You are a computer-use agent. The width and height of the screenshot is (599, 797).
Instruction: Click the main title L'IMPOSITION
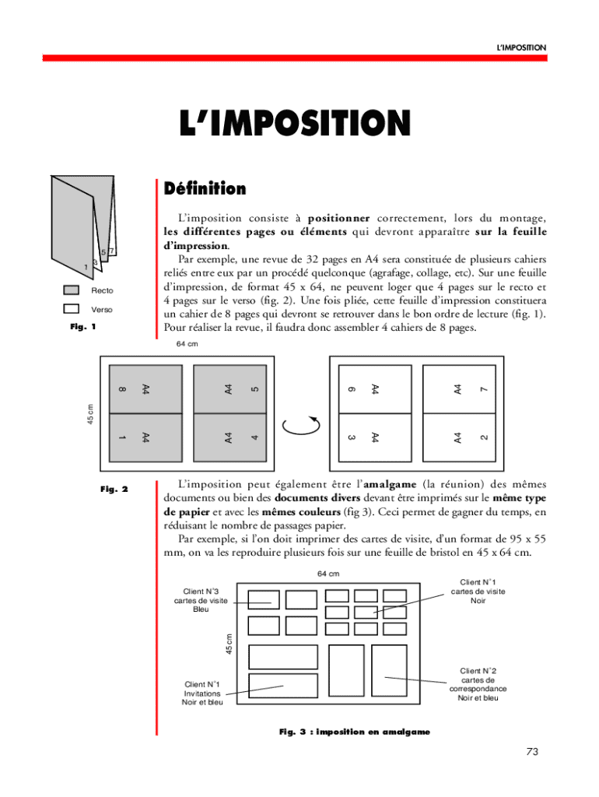point(295,124)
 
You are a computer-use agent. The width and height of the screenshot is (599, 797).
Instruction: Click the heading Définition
point(205,189)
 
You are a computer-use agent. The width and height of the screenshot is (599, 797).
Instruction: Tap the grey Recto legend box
point(72,290)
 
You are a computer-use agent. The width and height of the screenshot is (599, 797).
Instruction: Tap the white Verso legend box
point(72,309)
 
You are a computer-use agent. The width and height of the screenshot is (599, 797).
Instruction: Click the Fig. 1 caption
point(82,327)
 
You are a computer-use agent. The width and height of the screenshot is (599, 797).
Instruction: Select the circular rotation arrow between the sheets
point(302,425)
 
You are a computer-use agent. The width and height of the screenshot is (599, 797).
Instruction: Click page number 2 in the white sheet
point(484,437)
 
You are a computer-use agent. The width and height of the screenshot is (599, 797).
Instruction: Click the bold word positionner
point(338,217)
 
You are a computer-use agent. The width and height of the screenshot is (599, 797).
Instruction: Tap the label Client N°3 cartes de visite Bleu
point(201,600)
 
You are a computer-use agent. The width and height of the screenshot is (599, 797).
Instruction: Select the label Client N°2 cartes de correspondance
point(478,684)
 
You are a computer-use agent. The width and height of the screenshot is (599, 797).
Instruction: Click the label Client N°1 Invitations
point(202,693)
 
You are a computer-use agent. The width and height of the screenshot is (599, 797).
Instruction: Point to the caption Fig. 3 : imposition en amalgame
point(354,732)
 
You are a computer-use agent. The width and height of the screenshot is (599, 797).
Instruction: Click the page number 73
point(532,751)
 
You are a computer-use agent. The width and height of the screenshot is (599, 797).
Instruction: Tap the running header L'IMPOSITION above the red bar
point(521,48)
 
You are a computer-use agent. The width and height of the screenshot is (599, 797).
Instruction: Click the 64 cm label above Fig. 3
point(328,574)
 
